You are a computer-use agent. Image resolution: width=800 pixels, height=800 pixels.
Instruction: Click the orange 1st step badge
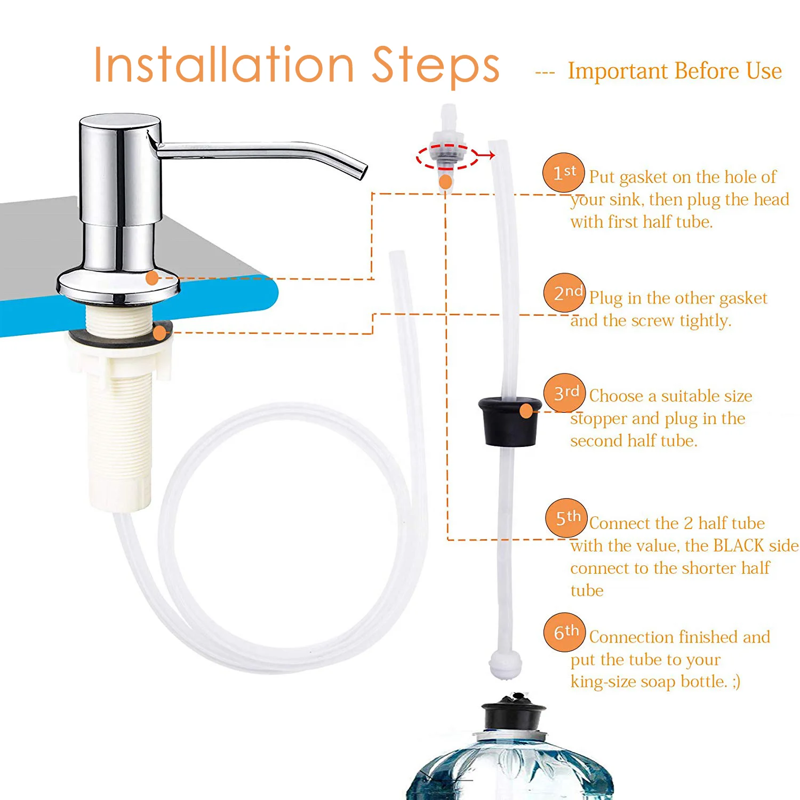(564, 172)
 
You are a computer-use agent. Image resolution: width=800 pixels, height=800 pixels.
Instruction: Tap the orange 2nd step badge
(565, 293)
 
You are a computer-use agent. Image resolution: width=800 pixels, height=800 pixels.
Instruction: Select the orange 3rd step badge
(565, 393)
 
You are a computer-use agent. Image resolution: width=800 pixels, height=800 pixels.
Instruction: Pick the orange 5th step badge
(566, 518)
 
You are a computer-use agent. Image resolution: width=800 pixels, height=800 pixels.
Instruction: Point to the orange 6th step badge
(565, 633)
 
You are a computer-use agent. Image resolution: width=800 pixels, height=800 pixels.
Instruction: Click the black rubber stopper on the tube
(510, 421)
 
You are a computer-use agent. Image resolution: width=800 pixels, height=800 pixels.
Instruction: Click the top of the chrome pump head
(120, 122)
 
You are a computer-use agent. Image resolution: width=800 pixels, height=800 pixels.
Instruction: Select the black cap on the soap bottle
(514, 714)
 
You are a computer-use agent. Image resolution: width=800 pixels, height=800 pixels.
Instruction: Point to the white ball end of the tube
(506, 663)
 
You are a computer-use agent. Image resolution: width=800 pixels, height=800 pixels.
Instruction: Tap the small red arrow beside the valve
(485, 155)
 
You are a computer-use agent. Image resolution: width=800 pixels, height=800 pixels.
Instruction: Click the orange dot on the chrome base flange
(152, 277)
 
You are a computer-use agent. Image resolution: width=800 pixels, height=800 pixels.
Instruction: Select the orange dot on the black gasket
(159, 334)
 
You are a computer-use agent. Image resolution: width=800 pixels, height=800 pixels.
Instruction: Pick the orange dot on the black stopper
(526, 411)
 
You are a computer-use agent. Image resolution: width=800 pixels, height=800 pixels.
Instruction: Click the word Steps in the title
(436, 65)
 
